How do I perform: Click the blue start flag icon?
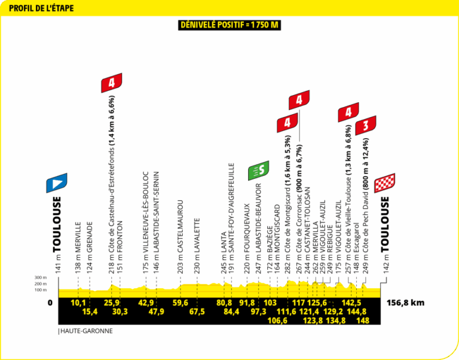pos(57,183)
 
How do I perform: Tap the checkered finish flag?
pos(385,183)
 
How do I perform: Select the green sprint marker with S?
pos(258,170)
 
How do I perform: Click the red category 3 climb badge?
pos(366,126)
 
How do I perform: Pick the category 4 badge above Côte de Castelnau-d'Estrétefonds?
pos(112,83)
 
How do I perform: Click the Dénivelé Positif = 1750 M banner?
pos(229,25)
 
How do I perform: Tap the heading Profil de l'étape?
pos(41,8)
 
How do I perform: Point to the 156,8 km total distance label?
pos(405,303)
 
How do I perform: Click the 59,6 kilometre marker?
pos(180,303)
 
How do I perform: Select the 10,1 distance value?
pos(78,303)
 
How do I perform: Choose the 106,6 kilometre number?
pos(277,321)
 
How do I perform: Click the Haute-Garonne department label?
pos(85,331)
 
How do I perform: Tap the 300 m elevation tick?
pos(41,277)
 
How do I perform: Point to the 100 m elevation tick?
pos(41,290)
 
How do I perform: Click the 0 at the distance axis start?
pos(50,303)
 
